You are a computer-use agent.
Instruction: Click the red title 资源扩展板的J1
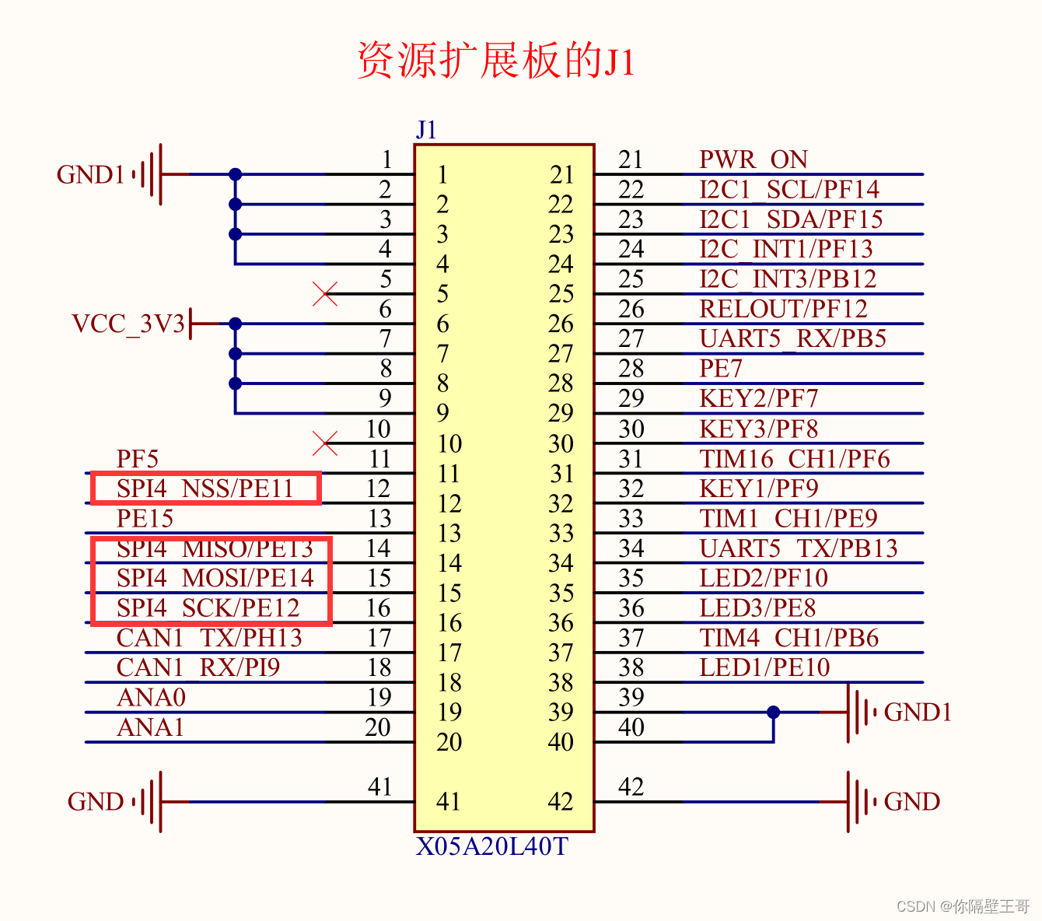point(496,61)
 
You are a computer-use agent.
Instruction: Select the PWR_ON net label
point(753,159)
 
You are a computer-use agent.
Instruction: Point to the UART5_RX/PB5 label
point(792,339)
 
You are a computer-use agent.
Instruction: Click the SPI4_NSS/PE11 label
point(205,489)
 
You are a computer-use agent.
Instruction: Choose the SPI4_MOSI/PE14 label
point(215,578)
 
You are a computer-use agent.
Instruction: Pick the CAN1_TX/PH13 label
point(208,638)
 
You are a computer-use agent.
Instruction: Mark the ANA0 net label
point(151,698)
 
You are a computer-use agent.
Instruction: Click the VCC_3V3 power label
point(129,324)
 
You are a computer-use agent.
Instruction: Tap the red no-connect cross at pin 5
point(325,294)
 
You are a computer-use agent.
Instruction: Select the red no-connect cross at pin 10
point(325,443)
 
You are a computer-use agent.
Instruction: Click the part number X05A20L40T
point(491,846)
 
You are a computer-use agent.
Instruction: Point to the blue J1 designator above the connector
point(426,130)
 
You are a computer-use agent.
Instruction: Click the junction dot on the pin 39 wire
point(773,712)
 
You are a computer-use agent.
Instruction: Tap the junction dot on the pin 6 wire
point(235,324)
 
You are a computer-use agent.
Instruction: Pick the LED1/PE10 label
point(764,667)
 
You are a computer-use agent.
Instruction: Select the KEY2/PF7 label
point(758,398)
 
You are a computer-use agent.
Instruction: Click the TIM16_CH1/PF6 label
point(794,459)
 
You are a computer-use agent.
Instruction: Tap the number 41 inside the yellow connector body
point(448,801)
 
